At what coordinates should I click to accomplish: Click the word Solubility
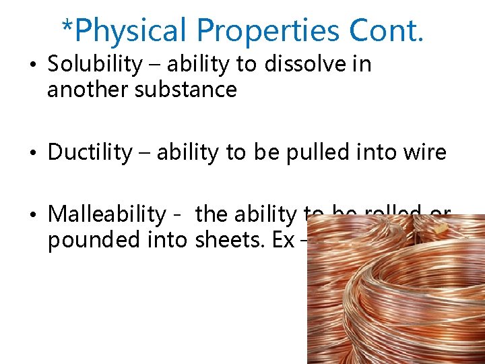[x=95, y=65]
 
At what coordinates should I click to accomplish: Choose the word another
[x=88, y=90]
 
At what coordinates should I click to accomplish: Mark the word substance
[x=187, y=90]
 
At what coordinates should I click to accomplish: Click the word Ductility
[x=90, y=152]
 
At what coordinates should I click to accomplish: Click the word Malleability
[x=107, y=214]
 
